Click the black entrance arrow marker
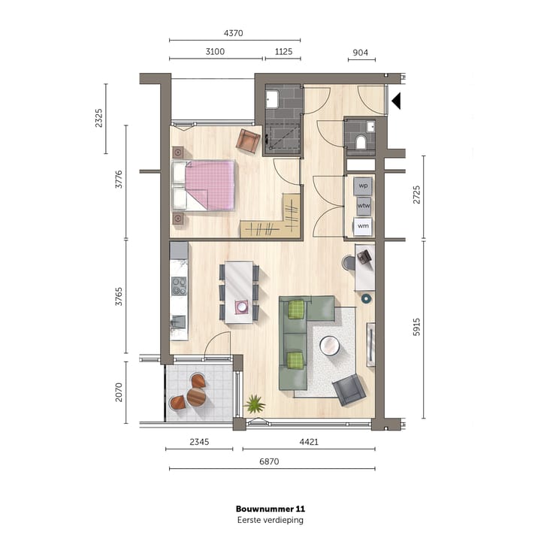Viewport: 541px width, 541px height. pyautogui.click(x=396, y=100)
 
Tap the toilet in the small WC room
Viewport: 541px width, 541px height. pyautogui.click(x=361, y=141)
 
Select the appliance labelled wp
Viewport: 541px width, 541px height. pyautogui.click(x=364, y=185)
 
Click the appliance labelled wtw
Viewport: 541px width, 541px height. pyautogui.click(x=364, y=204)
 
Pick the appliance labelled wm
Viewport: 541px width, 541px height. pyautogui.click(x=364, y=225)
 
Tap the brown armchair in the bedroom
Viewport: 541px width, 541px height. pyautogui.click(x=247, y=140)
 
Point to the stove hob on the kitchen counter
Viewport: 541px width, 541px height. pyautogui.click(x=179, y=286)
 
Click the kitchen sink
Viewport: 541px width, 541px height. pyautogui.click(x=178, y=322)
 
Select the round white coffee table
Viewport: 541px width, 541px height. pyautogui.click(x=329, y=346)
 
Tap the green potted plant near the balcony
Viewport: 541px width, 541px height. pyautogui.click(x=255, y=404)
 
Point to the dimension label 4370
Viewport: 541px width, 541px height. pyautogui.click(x=234, y=33)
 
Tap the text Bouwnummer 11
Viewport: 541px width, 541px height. pyautogui.click(x=270, y=509)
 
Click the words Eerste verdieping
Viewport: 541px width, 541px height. pyautogui.click(x=270, y=520)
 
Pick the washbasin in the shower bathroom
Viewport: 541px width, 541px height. pyautogui.click(x=272, y=100)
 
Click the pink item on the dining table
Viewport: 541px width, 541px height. pyautogui.click(x=242, y=307)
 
